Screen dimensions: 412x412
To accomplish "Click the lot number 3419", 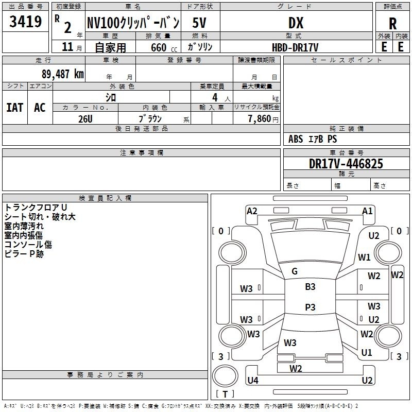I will click(25, 22).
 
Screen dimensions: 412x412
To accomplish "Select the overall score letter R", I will click(392, 23).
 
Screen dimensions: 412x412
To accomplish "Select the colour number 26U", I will click(85, 118).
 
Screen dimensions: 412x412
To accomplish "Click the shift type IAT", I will click(14, 108).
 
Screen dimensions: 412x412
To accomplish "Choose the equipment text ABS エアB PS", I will click(313, 139).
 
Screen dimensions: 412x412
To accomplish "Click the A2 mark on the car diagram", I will click(252, 211).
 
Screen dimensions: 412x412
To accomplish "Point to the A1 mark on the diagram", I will click(367, 211).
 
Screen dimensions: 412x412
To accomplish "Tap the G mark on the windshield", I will click(295, 271).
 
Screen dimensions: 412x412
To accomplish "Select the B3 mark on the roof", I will click(310, 287).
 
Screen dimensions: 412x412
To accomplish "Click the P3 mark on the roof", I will click(310, 307).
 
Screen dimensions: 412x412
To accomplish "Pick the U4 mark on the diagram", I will click(252, 381).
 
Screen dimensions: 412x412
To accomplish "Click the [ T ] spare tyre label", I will click(225, 394).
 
